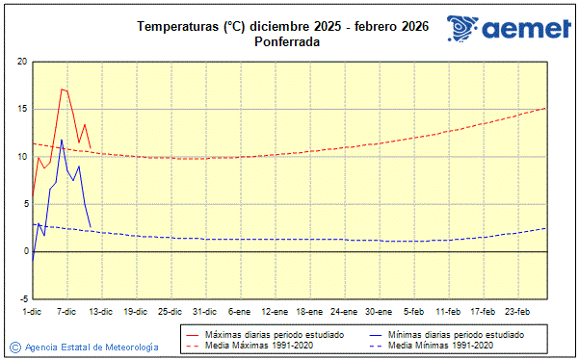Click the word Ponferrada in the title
(x=287, y=42)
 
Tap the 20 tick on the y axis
(x=21, y=62)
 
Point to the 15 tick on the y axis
(x=21, y=109)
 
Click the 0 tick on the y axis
(x=24, y=251)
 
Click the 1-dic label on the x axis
(x=32, y=311)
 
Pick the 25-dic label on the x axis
(x=171, y=311)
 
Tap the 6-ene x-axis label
(x=240, y=311)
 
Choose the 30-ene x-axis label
(x=379, y=311)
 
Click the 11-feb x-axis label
(x=448, y=311)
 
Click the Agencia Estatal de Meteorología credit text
(x=92, y=347)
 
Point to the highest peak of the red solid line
(x=62, y=89)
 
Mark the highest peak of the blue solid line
(x=62, y=140)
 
